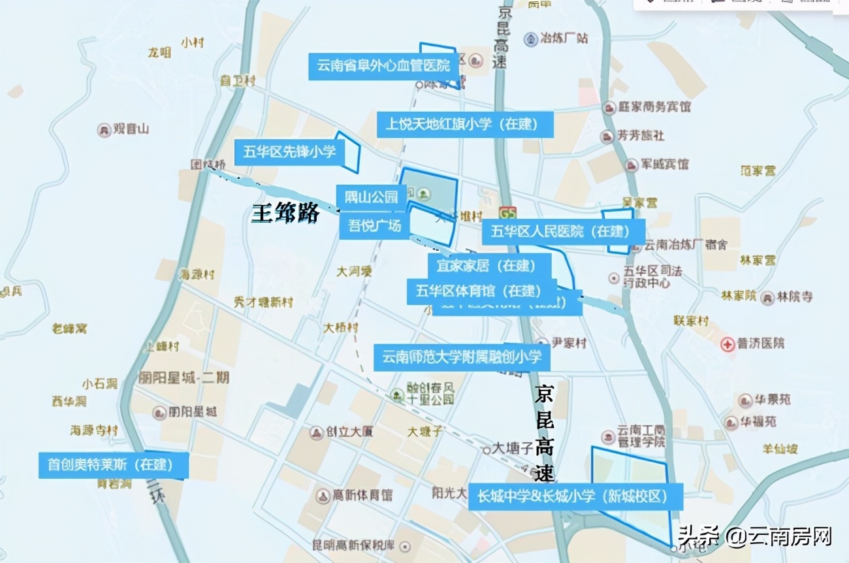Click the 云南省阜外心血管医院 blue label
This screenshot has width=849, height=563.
[x=384, y=66]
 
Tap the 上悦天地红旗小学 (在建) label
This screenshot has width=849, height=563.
[x=465, y=124]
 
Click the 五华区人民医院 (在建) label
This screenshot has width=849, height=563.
[x=563, y=231]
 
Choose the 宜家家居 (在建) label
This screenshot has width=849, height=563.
[x=489, y=266]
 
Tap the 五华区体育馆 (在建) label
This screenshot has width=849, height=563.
[x=481, y=291]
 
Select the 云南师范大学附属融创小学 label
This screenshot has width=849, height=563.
[x=462, y=357]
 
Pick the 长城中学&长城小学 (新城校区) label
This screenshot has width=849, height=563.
[x=575, y=496]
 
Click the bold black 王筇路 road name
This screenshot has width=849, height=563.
[x=285, y=213]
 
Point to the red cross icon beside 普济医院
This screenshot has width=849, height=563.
[x=728, y=344]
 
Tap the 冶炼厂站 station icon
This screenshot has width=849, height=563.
[x=531, y=39]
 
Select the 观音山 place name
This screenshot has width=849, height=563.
[x=131, y=129]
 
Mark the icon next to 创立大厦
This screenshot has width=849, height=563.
[x=317, y=432]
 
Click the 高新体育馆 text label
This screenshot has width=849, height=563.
[x=362, y=495]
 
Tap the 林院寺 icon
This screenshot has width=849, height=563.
[x=767, y=297]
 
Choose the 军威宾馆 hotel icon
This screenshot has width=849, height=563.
[x=631, y=165]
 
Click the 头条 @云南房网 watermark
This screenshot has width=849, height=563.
[x=755, y=537]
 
